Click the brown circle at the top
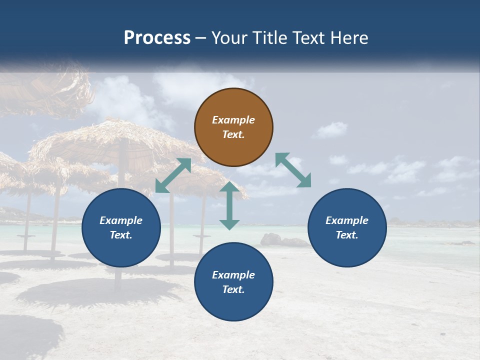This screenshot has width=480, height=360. tap(233, 127)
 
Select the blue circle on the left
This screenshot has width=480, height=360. tap(121, 228)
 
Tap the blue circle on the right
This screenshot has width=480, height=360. tap(347, 228)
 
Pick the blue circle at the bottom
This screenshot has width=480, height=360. tap(233, 282)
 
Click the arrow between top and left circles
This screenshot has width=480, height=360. tap(173, 175)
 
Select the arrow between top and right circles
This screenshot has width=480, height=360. tap(293, 170)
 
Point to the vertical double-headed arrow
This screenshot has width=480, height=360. tap(229, 205)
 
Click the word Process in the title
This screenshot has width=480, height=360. tap(157, 37)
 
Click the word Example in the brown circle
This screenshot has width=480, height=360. tap(233, 120)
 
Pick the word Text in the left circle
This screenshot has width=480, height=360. tap(120, 235)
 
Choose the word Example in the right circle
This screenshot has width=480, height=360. tap(347, 220)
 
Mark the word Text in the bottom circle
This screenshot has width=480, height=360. tap(233, 289)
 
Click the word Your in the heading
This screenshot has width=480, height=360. tap(228, 37)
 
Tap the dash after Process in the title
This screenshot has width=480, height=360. tap(201, 38)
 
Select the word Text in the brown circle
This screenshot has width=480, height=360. tap(233, 134)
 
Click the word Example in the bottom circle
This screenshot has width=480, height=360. tap(233, 275)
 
